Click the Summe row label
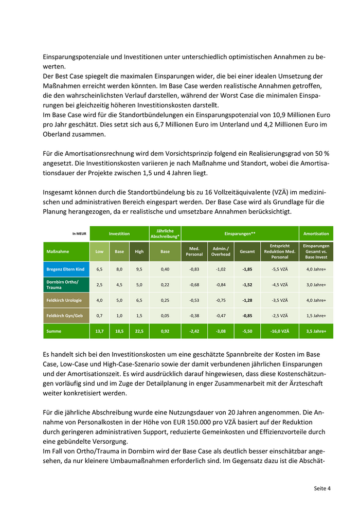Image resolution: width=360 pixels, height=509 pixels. pyautogui.click(x=55, y=332)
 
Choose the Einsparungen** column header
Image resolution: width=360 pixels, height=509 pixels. pyautogui.click(x=240, y=233)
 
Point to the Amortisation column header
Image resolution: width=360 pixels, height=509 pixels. pyautogui.click(x=316, y=233)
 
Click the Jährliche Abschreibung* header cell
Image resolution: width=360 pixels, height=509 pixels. pyautogui.click(x=165, y=233)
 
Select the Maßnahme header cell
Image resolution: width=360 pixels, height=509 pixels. pyautogui.click(x=58, y=251)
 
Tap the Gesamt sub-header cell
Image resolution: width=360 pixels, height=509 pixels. pyautogui.click(x=247, y=251)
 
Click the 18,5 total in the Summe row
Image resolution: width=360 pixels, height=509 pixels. pyautogui.click(x=119, y=332)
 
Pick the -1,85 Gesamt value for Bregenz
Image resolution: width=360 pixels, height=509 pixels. pyautogui.click(x=247, y=269)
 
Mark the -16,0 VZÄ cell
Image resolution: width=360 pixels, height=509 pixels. pyautogui.click(x=280, y=332)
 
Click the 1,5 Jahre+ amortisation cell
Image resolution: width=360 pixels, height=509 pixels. pyautogui.click(x=316, y=316)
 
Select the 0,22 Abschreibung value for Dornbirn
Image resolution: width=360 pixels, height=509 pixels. pyautogui.click(x=165, y=284)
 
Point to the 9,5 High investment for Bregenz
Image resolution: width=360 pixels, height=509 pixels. pyautogui.click(x=139, y=269)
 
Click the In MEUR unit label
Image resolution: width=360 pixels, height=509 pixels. pyautogui.click(x=80, y=234)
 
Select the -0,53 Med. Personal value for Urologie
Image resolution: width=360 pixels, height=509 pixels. pyautogui.click(x=194, y=300)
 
